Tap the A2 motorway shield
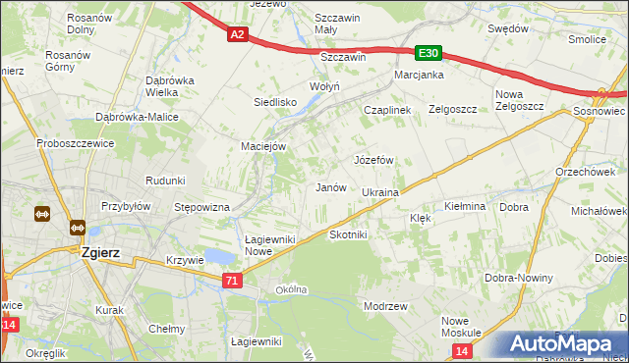(237, 35)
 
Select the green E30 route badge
(427, 54)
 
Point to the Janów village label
(330, 187)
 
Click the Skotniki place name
(348, 235)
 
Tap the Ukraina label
(379, 192)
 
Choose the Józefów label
(373, 159)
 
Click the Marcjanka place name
(420, 75)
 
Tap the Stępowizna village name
(201, 207)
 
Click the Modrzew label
(385, 306)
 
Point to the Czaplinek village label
(386, 111)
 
